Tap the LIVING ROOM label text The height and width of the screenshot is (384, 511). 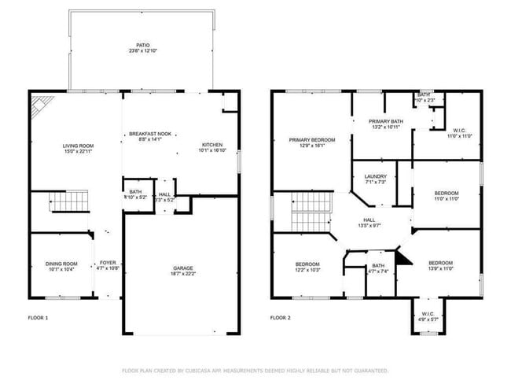point(79,148)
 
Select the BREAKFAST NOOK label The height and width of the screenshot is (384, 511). point(149,137)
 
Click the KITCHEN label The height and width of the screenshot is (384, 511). point(212,148)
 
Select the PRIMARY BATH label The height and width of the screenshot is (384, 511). point(386,124)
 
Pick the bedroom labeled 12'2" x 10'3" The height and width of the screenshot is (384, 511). point(307,266)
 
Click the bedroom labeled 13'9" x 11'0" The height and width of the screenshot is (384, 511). point(440,265)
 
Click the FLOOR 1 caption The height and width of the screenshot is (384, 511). point(37,318)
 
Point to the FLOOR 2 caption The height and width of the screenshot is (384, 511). point(281,318)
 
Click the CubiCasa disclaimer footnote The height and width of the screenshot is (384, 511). point(255,370)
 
